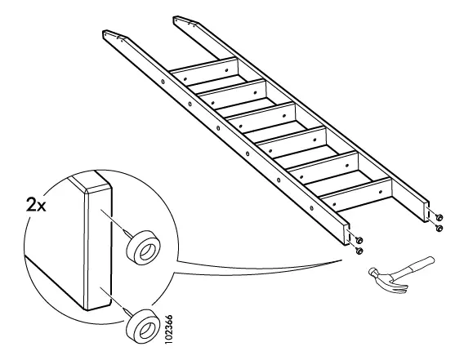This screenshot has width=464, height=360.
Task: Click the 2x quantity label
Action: click(x=36, y=205)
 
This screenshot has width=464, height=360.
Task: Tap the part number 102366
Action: click(x=168, y=330)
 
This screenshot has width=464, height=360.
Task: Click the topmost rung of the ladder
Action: click(x=205, y=72)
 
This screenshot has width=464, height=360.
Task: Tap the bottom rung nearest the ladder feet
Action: click(x=357, y=195)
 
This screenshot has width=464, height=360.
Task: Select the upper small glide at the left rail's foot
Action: click(x=359, y=239)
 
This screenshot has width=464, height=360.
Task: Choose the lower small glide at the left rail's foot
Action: click(x=359, y=251)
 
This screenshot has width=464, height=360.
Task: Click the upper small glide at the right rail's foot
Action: click(x=439, y=217)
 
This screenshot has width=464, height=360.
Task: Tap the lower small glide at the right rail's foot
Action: click(x=439, y=228)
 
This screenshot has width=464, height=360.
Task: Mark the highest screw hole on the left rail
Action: click(x=163, y=81)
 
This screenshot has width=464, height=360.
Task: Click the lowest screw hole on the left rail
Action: click(x=311, y=207)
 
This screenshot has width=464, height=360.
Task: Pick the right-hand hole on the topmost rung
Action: click(x=226, y=70)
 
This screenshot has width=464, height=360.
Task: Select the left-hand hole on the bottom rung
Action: click(x=334, y=204)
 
